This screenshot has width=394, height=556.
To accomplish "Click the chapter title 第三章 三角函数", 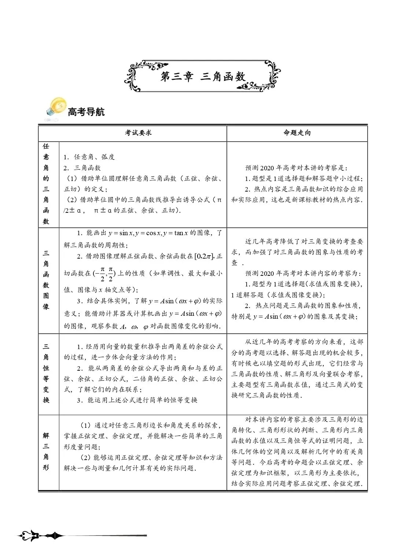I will click(x=203, y=77).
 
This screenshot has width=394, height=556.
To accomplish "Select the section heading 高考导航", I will click(x=86, y=112).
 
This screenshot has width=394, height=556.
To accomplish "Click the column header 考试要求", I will click(x=138, y=133).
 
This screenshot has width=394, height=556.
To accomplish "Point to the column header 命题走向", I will click(x=297, y=133).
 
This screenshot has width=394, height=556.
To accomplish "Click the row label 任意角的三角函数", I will click(x=46, y=184).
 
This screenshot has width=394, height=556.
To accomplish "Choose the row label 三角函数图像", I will click(x=46, y=280).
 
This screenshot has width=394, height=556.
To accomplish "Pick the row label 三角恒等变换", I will click(x=46, y=373).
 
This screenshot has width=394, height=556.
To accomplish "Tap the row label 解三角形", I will click(x=46, y=451).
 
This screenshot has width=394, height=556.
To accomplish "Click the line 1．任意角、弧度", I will click(x=89, y=157).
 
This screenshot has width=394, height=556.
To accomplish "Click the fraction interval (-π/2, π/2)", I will click(x=104, y=273).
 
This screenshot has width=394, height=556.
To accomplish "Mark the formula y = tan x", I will click(x=176, y=233).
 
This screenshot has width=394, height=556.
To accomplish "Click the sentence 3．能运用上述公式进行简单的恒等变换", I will click(x=137, y=400).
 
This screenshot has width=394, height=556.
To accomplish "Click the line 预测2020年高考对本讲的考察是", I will click(x=296, y=168).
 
